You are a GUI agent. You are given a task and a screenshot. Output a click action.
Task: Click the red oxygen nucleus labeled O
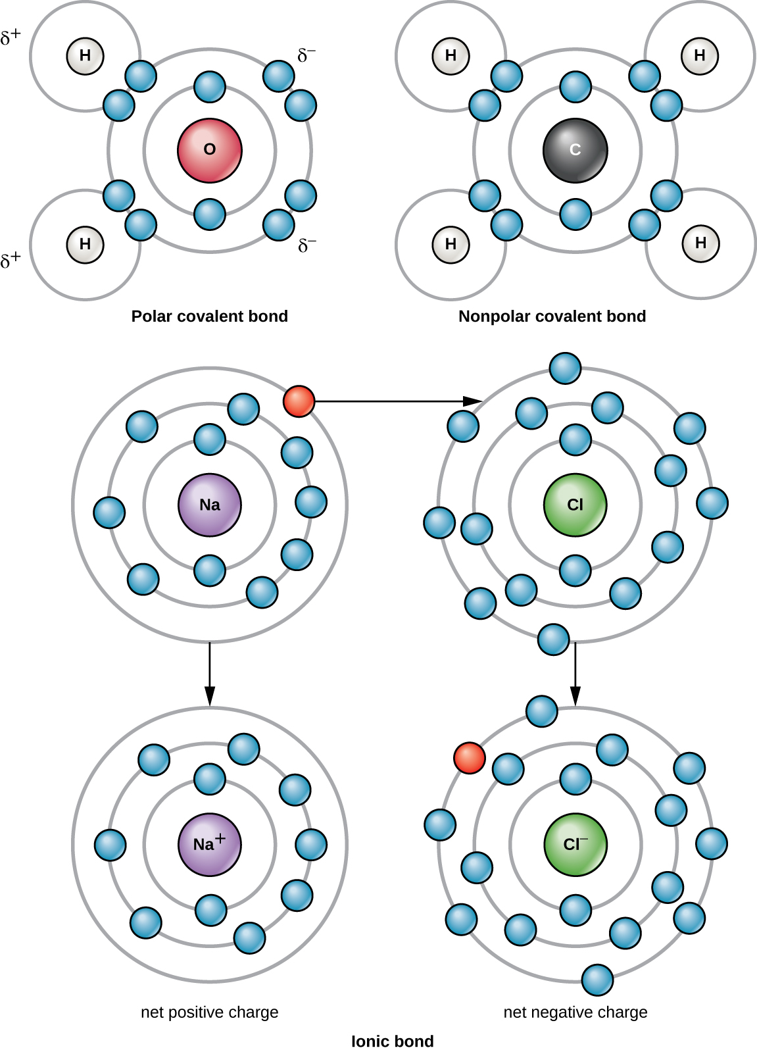pyautogui.click(x=210, y=150)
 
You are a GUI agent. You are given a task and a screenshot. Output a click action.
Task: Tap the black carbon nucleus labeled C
pyautogui.click(x=575, y=150)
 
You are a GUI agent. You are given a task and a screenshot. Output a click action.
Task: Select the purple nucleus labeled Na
pyautogui.click(x=210, y=505)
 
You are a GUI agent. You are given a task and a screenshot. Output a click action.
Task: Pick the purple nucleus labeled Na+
pyautogui.click(x=210, y=844)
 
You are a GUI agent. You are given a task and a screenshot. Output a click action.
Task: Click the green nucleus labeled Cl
pyautogui.click(x=575, y=505)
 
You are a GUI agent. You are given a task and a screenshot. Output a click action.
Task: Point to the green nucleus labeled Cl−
pyautogui.click(x=575, y=844)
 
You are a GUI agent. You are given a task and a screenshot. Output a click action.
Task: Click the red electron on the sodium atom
pyautogui.click(x=299, y=401)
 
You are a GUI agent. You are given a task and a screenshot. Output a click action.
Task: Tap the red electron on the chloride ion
pyautogui.click(x=470, y=758)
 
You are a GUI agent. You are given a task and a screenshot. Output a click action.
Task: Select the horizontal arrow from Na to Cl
pyautogui.click(x=395, y=401)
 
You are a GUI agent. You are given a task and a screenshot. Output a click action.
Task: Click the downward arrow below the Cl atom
pyautogui.click(x=575, y=674)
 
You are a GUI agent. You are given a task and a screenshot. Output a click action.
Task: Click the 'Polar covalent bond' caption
pyautogui.click(x=210, y=316)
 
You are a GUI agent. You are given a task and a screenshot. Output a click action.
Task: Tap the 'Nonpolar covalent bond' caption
pyautogui.click(x=552, y=316)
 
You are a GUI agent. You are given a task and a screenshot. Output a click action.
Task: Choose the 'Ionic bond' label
pyautogui.click(x=392, y=1041)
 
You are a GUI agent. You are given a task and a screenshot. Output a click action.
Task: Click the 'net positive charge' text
pyautogui.click(x=210, y=1012)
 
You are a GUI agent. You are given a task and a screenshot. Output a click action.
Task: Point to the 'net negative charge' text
pyautogui.click(x=575, y=1012)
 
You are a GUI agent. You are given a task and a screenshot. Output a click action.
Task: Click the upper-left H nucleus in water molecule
pyautogui.click(x=85, y=55)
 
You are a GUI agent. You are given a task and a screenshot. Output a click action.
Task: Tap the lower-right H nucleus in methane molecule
pyautogui.click(x=700, y=243)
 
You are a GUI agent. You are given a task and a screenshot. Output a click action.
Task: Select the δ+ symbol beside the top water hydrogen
pyautogui.click(x=11, y=38)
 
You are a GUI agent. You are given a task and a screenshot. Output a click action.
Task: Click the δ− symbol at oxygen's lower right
pyautogui.click(x=306, y=246)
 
